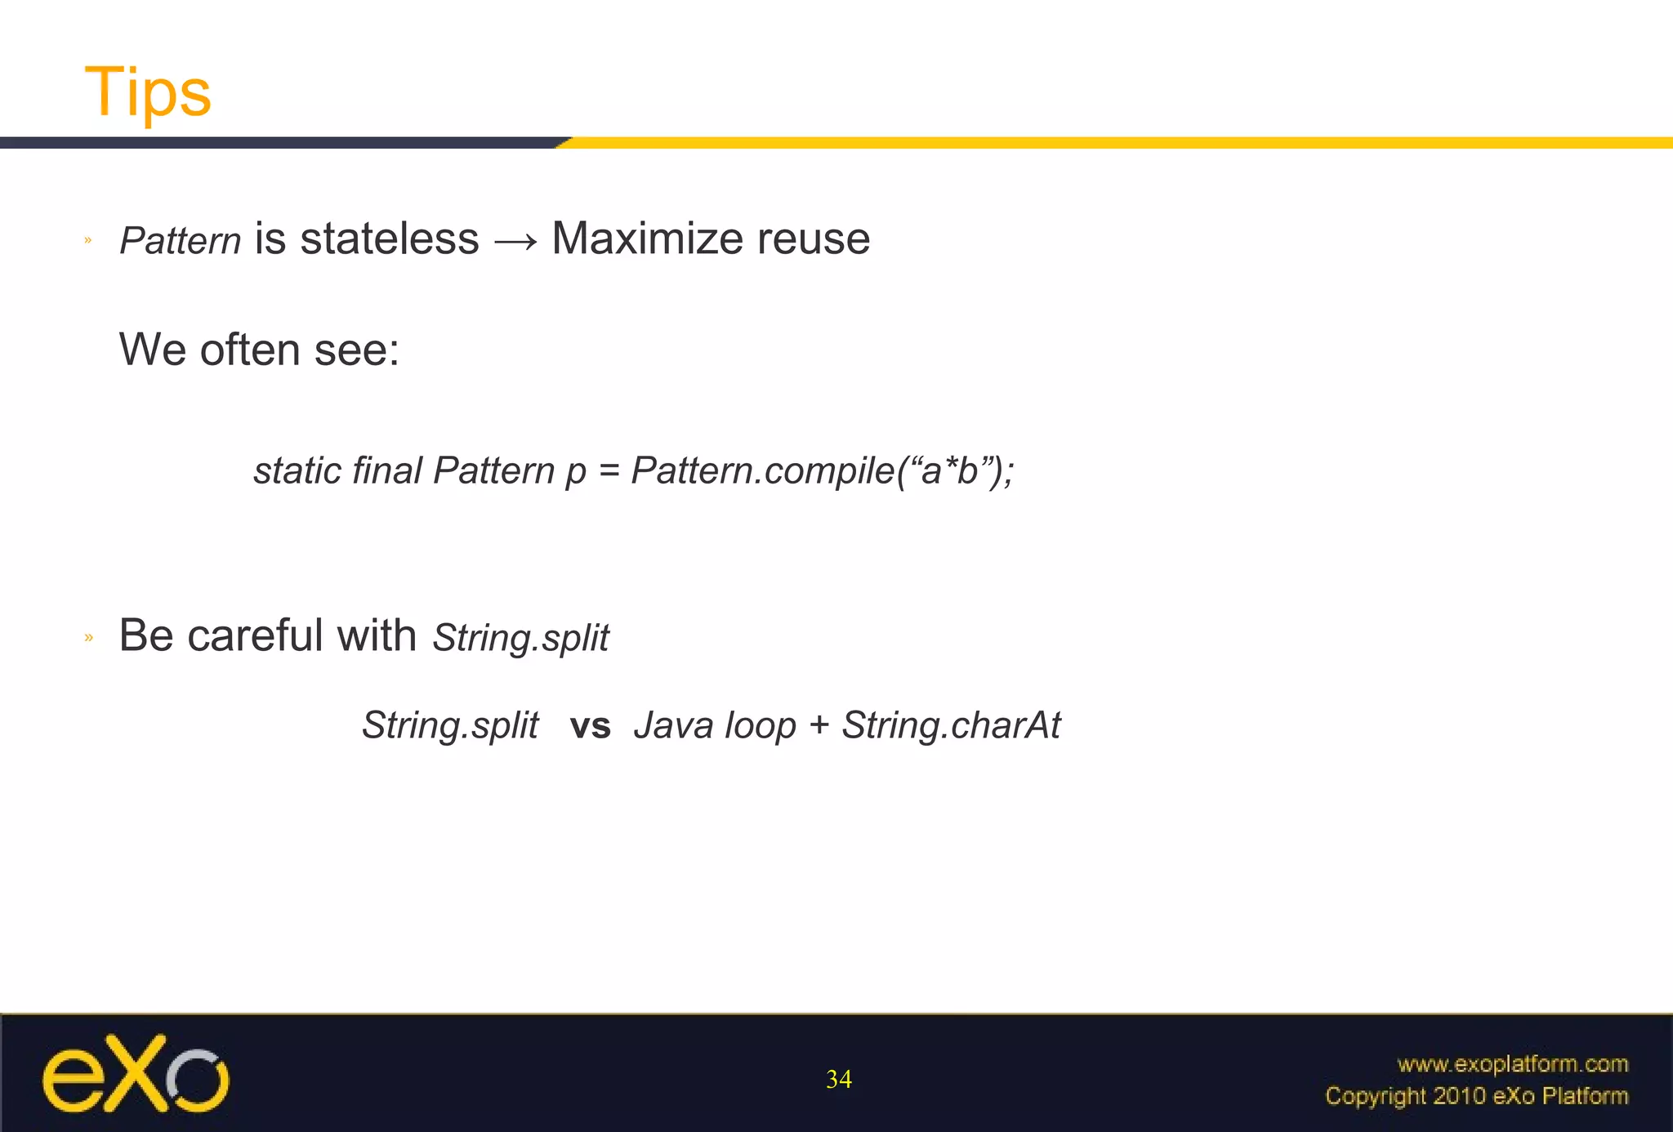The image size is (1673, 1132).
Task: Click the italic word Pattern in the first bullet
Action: (x=180, y=241)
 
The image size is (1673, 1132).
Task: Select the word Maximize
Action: (x=647, y=239)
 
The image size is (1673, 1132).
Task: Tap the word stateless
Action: (x=389, y=239)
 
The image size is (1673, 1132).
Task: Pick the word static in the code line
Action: (x=297, y=470)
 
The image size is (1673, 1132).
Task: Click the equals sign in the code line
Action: (x=609, y=472)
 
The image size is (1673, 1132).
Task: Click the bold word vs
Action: (x=590, y=726)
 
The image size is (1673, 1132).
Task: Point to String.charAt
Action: (x=951, y=725)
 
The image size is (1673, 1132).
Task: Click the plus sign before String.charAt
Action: (x=819, y=726)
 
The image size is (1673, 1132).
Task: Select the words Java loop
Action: (x=715, y=725)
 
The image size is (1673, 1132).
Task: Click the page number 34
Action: (x=838, y=1079)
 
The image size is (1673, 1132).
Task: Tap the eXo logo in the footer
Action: (x=136, y=1074)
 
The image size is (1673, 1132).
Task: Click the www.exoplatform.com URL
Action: (x=1512, y=1063)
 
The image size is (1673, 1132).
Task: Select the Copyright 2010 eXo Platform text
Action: (x=1476, y=1096)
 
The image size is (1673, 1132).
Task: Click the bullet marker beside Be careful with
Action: (x=89, y=638)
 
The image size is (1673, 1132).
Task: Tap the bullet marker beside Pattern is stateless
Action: (x=88, y=241)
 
